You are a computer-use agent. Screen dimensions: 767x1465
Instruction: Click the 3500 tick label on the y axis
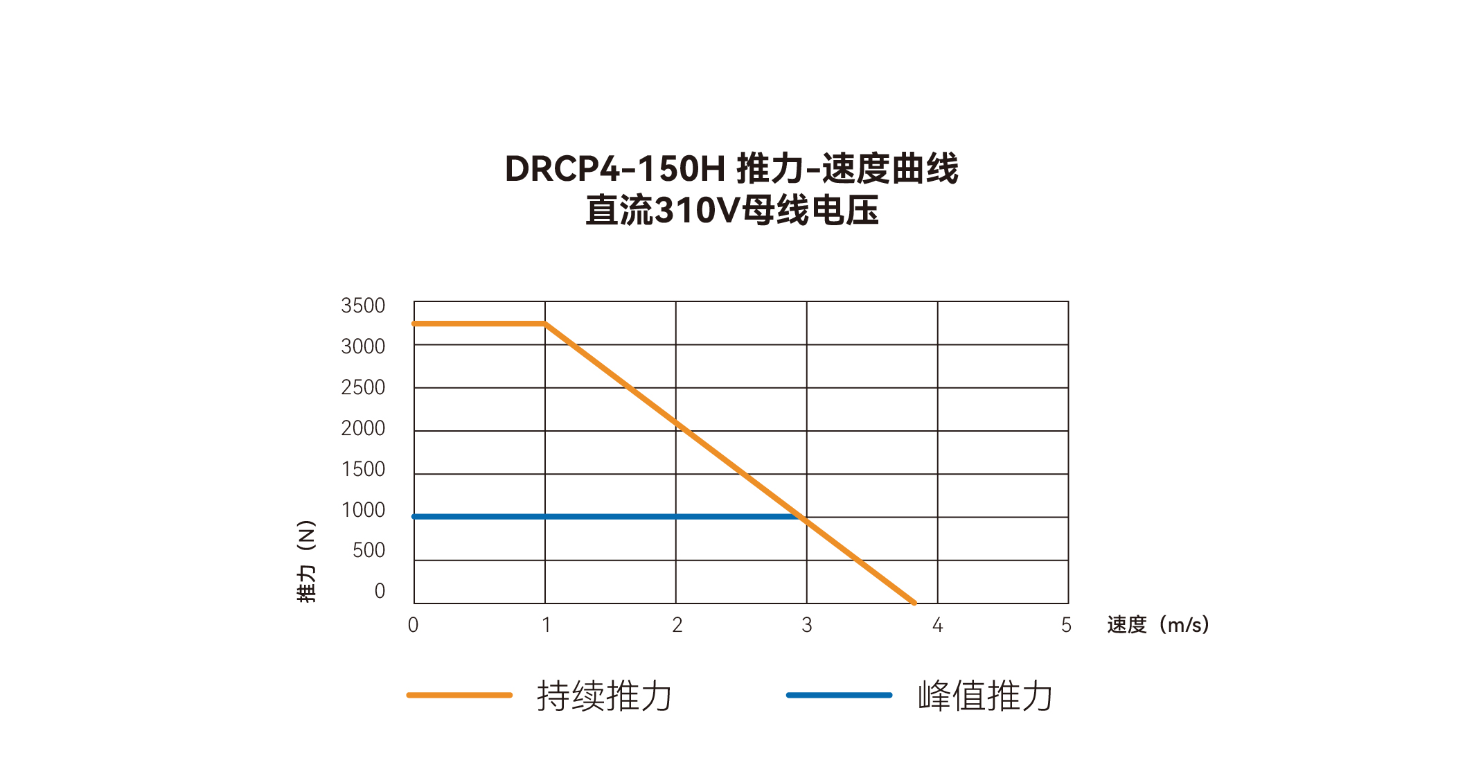362,306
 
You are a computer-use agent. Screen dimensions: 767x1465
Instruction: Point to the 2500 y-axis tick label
362,387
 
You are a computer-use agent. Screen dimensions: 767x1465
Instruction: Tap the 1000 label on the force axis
362,510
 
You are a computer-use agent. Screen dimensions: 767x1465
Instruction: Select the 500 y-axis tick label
369,550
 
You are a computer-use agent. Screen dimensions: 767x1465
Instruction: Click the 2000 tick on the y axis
362,428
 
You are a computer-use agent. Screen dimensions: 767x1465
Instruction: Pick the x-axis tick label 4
937,625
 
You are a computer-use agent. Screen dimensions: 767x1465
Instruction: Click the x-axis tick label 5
1066,625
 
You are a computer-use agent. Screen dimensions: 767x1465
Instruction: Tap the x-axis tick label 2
677,625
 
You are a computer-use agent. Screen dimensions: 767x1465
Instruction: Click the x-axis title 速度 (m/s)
1157,625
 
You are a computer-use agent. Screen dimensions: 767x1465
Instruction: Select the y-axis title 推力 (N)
306,561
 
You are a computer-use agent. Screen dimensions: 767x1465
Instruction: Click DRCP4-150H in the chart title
614,169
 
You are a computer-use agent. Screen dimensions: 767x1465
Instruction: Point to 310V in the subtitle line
697,211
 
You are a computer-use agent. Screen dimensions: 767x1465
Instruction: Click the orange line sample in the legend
459,695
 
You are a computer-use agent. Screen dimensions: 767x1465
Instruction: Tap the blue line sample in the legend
839,695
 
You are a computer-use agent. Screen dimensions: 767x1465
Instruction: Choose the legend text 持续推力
604,696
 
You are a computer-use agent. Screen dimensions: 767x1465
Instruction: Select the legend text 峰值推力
984,696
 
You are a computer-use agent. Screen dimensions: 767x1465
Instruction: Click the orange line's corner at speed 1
546,324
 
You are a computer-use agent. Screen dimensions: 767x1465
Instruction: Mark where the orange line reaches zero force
914,603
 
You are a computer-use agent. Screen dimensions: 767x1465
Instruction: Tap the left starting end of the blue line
415,517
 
